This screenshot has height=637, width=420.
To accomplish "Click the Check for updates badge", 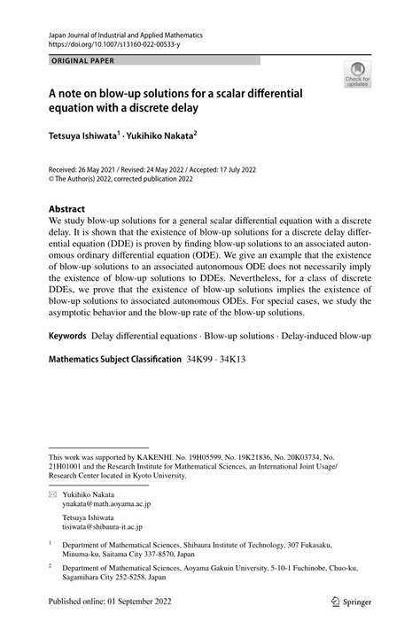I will click(358, 74).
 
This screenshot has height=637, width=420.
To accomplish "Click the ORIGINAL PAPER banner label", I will click(82, 60).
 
